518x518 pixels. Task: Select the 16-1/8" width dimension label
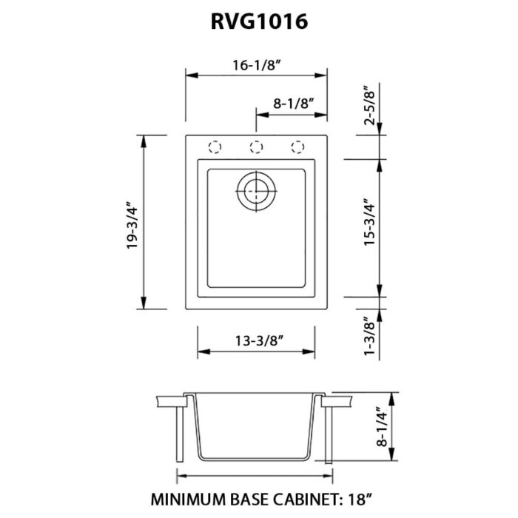(256, 65)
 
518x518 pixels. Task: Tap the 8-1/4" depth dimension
(382, 429)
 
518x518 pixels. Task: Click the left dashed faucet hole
(215, 147)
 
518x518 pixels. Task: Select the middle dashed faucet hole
(257, 147)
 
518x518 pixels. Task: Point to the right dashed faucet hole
(298, 147)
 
